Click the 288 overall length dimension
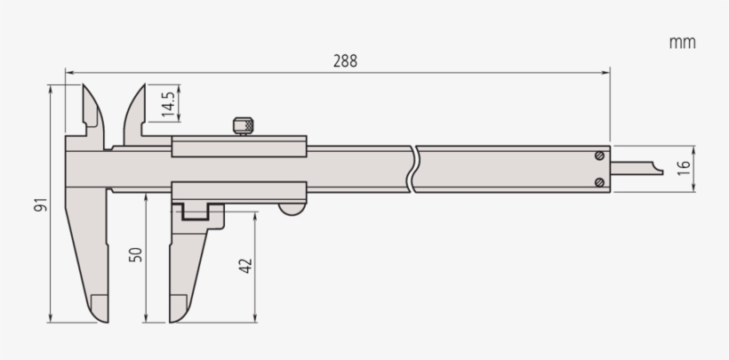coord(346,61)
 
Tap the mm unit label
coord(683,43)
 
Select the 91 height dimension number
coord(41,204)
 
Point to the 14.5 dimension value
coord(168,103)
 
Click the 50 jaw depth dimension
coord(136,254)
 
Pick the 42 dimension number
coord(245,266)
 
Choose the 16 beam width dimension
coord(683,168)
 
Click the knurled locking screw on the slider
coord(243,126)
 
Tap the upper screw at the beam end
coord(600,156)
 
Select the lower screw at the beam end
coord(600,183)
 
